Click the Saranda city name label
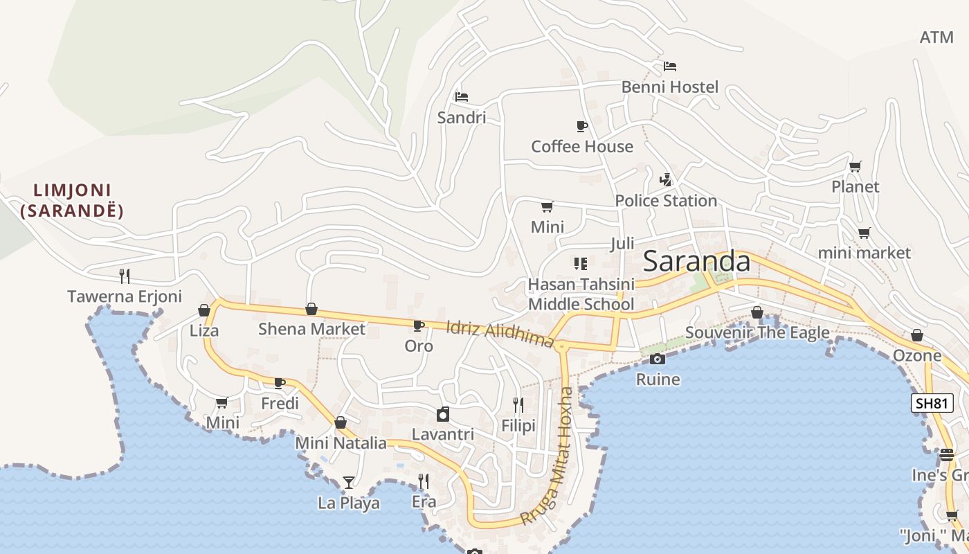coord(696,262)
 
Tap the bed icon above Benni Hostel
coord(669,66)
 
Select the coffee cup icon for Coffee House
coord(581,126)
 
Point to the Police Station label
coord(666,201)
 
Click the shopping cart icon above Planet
coord(855,166)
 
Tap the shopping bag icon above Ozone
coord(916,336)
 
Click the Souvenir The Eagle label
coord(757,333)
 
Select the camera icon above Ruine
coord(658,359)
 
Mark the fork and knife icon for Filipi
coord(518,405)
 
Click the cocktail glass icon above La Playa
coord(349,482)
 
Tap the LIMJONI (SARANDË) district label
coord(72,200)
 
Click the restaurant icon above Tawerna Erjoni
coord(125,276)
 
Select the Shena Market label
coord(311,329)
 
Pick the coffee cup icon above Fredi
coord(280,383)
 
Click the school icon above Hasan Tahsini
coord(580,263)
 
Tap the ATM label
coord(936,37)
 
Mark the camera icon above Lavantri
coord(443,415)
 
